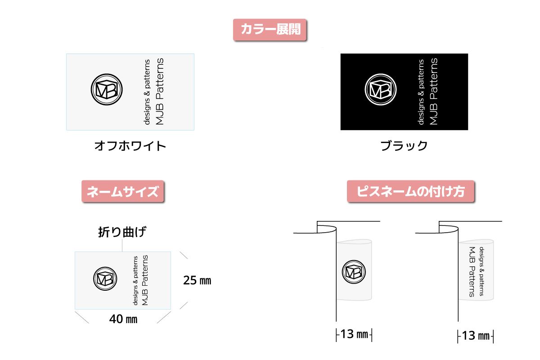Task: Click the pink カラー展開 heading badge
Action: (270, 30)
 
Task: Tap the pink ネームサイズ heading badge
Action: (123, 191)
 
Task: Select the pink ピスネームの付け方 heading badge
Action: (410, 191)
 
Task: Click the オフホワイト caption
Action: (130, 146)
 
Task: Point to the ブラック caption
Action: (404, 146)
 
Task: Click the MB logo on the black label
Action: (381, 90)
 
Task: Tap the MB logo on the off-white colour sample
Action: (107, 90)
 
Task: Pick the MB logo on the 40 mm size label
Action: (105, 279)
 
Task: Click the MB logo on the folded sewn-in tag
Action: (354, 272)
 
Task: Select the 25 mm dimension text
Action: (197, 280)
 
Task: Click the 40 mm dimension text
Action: (123, 319)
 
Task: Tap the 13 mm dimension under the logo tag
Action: (354, 334)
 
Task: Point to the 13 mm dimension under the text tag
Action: (476, 336)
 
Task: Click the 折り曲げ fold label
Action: (122, 232)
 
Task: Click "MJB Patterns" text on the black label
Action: (434, 91)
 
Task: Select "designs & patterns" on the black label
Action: (421, 92)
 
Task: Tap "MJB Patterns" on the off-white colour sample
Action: (160, 91)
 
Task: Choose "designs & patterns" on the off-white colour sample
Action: (147, 92)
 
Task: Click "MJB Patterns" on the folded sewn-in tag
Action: (472, 272)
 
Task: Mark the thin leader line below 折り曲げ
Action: (122, 245)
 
